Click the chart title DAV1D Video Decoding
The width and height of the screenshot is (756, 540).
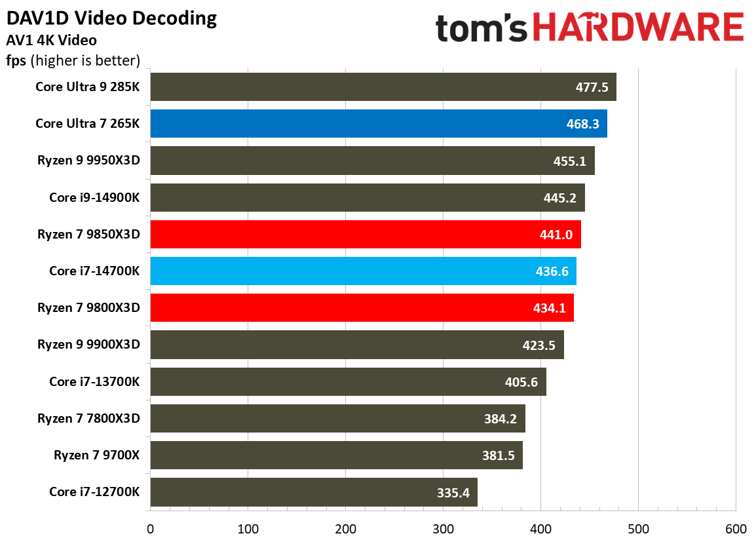pyautogui.click(x=111, y=18)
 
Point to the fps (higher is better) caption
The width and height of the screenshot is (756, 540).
pyautogui.click(x=73, y=61)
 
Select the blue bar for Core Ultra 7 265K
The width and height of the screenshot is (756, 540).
pyautogui.click(x=378, y=124)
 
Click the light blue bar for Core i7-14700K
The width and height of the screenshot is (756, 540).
pyautogui.click(x=363, y=271)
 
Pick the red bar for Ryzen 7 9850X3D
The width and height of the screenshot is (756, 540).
pyautogui.click(x=365, y=234)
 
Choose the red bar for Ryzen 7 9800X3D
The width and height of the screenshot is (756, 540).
pyautogui.click(x=362, y=307)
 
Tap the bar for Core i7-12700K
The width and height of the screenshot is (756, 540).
pyautogui.click(x=313, y=492)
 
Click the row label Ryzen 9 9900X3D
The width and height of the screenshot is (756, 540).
pyautogui.click(x=89, y=345)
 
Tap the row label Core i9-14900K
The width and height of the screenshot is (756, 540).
pyautogui.click(x=95, y=197)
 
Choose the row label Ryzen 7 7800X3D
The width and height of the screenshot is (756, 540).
pyautogui.click(x=89, y=418)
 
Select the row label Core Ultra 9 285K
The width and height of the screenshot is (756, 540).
pyautogui.click(x=88, y=87)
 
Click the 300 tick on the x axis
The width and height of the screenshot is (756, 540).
pyautogui.click(x=443, y=528)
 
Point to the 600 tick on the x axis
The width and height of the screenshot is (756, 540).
pyautogui.click(x=735, y=528)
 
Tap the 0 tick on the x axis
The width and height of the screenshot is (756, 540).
pyautogui.click(x=151, y=528)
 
